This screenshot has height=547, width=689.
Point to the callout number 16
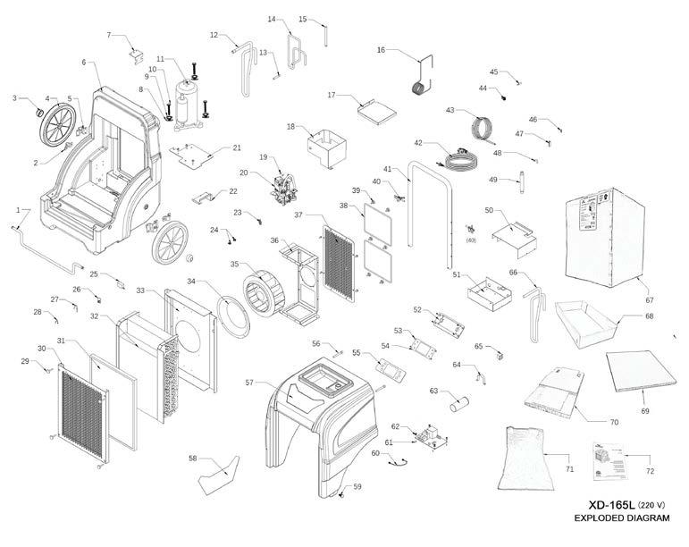[381, 51]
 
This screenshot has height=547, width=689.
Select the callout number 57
[250, 383]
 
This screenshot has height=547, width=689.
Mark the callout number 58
[192, 458]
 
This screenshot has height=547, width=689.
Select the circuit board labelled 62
[432, 437]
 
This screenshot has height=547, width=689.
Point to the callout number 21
[237, 147]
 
